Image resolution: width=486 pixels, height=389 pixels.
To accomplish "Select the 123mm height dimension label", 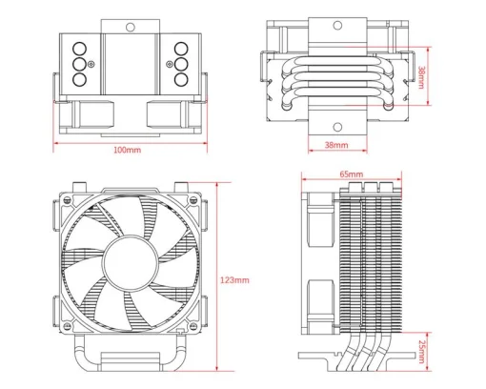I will pyautogui.click(x=235, y=280).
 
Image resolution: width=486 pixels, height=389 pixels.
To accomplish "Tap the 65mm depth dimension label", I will pyautogui.click(x=350, y=174).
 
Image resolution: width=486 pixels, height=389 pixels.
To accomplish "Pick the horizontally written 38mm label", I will pyautogui.click(x=335, y=146).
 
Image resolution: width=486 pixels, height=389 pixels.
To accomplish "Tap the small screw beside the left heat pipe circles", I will pyautogui.click(x=91, y=66).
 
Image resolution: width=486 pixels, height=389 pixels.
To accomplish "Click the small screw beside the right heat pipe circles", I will pyautogui.click(x=170, y=66).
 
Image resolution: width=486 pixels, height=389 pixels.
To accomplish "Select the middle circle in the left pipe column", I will pyautogui.click(x=78, y=66).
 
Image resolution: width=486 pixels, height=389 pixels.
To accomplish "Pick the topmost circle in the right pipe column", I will pyautogui.click(x=180, y=51).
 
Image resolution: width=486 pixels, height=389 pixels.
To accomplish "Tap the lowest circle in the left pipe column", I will pyautogui.click(x=78, y=81).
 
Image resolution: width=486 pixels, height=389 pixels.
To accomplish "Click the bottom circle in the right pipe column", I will pyautogui.click(x=180, y=81).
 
